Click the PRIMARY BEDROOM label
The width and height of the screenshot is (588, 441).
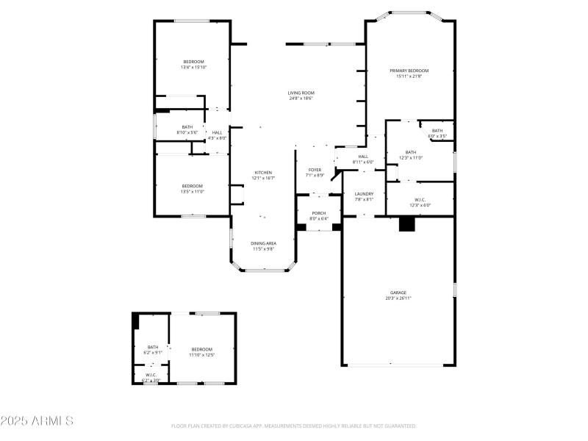(409, 71)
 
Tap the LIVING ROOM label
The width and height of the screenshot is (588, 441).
(301, 93)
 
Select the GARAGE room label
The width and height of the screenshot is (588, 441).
(398, 293)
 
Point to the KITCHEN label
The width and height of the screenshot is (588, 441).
(263, 173)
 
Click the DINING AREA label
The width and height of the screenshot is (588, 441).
(263, 243)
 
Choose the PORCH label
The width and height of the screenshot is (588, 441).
(318, 214)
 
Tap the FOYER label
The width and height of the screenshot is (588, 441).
(315, 170)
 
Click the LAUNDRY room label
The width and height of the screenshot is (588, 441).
(365, 194)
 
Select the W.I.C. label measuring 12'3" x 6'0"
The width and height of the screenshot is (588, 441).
(420, 200)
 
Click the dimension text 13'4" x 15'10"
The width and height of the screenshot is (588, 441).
(194, 68)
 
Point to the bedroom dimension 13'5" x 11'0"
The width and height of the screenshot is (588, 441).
(193, 192)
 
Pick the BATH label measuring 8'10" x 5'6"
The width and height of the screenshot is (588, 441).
(187, 127)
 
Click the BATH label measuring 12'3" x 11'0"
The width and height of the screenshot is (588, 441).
(410, 152)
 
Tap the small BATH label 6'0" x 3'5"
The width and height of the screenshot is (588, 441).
(437, 131)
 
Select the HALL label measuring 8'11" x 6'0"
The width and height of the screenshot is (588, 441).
(363, 157)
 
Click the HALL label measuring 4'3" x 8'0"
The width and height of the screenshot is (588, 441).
(218, 132)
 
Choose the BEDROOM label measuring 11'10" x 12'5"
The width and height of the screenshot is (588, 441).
(201, 349)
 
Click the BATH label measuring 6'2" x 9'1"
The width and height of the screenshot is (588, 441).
(153, 347)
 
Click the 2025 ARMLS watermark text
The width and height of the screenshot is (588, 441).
(37, 421)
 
